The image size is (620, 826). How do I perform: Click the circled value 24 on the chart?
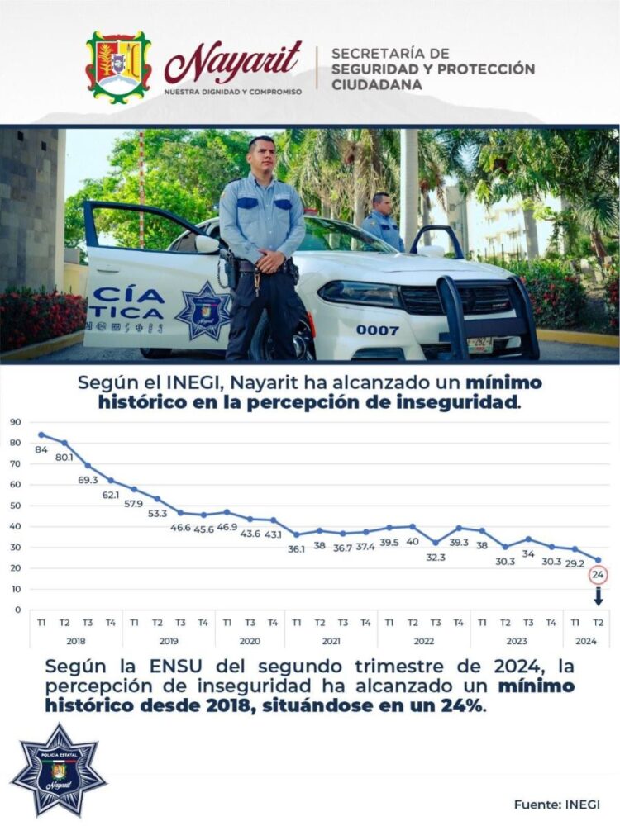[x=598, y=575]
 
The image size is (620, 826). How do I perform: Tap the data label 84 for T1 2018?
[x=41, y=449]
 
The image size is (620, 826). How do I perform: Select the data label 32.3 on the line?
[x=436, y=558]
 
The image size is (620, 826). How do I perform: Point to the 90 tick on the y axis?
[x=16, y=422]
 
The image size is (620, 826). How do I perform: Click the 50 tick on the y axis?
[x=16, y=506]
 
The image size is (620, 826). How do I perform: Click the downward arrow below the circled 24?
[x=598, y=596]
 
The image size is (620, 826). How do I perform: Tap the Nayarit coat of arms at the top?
[x=118, y=67]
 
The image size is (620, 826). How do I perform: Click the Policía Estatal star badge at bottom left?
[x=59, y=770]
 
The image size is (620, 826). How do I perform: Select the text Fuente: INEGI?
[x=556, y=804]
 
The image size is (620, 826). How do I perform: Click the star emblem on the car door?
[x=203, y=311]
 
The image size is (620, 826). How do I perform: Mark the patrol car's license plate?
[x=480, y=343]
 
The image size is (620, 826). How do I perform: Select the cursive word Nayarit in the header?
[x=233, y=63]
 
